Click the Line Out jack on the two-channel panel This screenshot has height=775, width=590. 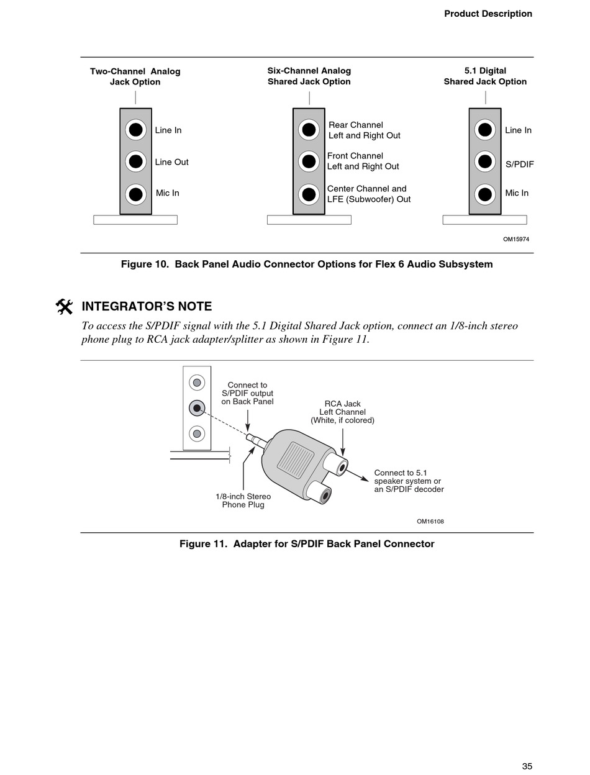click(x=135, y=161)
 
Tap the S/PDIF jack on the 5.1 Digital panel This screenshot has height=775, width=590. click(x=485, y=161)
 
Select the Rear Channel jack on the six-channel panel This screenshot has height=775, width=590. click(x=309, y=130)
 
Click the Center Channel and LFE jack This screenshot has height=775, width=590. click(x=309, y=194)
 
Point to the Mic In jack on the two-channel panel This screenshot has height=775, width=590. click(x=135, y=194)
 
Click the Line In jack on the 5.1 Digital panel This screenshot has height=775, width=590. click(x=485, y=130)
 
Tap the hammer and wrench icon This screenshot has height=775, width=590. click(x=64, y=307)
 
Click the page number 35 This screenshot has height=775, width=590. click(x=527, y=766)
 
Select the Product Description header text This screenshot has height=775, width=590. click(x=488, y=14)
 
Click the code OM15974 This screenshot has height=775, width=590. click(x=515, y=239)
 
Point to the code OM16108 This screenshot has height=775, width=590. click(x=430, y=522)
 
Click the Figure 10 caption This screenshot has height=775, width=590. click(x=307, y=264)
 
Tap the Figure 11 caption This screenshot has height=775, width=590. click(x=307, y=544)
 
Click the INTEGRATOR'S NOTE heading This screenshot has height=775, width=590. click(x=147, y=306)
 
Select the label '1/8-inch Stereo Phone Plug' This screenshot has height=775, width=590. click(x=243, y=501)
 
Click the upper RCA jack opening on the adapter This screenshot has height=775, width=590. click(x=340, y=465)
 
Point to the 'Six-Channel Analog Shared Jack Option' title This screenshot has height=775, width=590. click(x=309, y=76)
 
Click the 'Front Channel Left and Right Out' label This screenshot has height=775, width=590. click(x=363, y=161)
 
